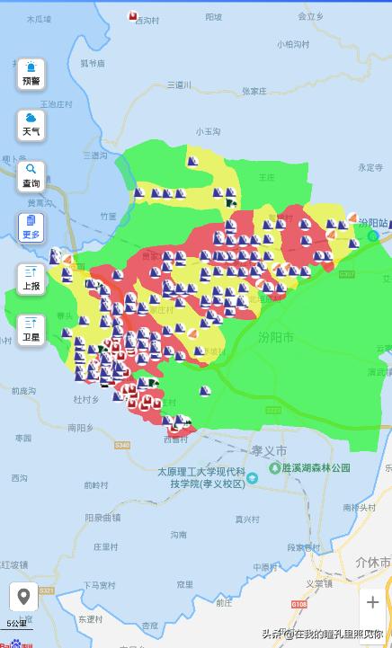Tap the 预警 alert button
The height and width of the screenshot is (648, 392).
(x=31, y=74)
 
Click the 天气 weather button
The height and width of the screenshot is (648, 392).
(x=31, y=125)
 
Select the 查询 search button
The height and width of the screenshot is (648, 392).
(x=31, y=175)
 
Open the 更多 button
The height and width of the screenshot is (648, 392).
(x=31, y=226)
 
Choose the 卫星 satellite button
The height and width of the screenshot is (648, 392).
(x=31, y=329)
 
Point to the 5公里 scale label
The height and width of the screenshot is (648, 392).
(x=16, y=623)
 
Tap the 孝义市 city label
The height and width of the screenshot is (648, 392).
(x=269, y=449)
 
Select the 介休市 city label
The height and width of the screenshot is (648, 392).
(x=372, y=563)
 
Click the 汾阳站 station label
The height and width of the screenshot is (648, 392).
(x=372, y=222)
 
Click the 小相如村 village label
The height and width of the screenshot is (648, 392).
(x=293, y=43)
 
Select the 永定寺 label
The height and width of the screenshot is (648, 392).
(x=370, y=166)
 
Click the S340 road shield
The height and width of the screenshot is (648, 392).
(x=122, y=445)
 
